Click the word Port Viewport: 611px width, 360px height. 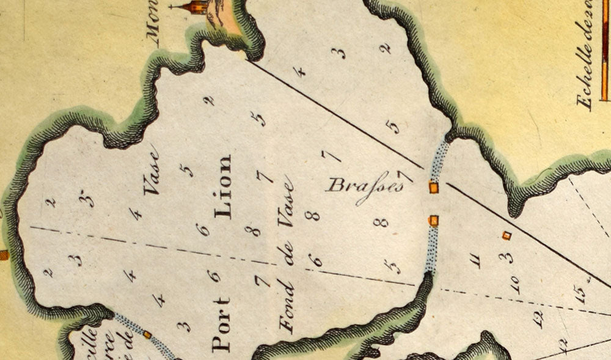tap(221, 325)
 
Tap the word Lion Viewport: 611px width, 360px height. tap(222, 186)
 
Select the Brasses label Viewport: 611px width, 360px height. tap(365, 184)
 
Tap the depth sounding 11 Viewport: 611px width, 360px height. tap(477, 260)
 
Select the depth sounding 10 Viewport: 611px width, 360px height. tap(514, 284)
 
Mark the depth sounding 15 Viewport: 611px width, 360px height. tap(581, 296)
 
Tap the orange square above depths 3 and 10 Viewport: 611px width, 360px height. tap(506, 235)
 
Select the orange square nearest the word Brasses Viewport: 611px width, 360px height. tap(434, 188)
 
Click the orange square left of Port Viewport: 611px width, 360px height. tap(147, 334)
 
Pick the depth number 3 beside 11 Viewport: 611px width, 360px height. tap(505, 257)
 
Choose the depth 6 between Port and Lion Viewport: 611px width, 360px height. tap(214, 276)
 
